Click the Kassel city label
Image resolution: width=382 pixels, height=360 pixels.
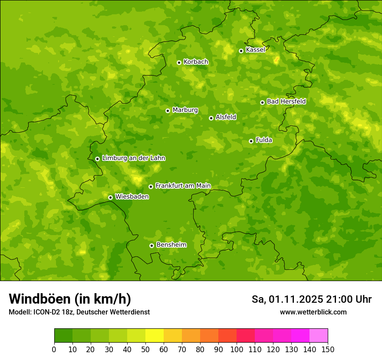(x=255, y=50)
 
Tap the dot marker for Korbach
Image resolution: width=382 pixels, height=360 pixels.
(x=179, y=62)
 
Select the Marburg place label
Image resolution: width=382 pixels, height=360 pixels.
(x=185, y=110)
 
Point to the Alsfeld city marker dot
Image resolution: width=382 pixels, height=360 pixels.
(x=211, y=118)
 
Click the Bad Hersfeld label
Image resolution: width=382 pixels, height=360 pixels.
(x=286, y=101)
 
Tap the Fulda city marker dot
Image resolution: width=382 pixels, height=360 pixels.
(x=251, y=141)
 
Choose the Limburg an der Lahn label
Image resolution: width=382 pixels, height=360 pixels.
(x=133, y=158)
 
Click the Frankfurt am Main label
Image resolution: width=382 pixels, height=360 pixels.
(x=183, y=186)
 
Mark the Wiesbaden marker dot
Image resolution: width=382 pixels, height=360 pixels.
(x=110, y=197)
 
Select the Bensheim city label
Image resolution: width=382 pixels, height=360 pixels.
(x=171, y=245)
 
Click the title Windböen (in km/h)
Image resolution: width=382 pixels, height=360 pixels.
(x=70, y=299)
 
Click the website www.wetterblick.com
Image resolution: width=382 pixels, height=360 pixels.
(x=313, y=312)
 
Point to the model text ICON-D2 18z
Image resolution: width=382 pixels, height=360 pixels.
(x=52, y=312)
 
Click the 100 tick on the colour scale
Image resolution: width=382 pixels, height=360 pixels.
(x=237, y=349)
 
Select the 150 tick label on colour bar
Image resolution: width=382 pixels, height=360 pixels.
(x=328, y=349)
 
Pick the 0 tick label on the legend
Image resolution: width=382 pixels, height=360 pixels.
(x=54, y=349)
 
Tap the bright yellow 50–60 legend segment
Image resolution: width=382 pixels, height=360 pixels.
(x=155, y=336)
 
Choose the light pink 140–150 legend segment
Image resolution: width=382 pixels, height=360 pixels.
(x=319, y=336)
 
